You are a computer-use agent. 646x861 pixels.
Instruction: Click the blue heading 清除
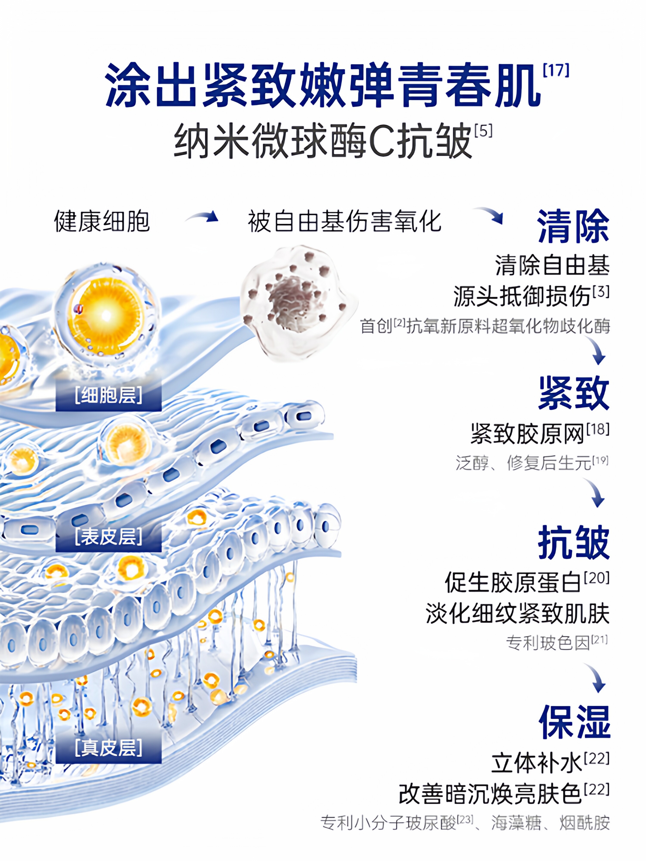573,226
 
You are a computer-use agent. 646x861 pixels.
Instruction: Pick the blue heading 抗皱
573,542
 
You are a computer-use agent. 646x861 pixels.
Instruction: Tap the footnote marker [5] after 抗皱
483,131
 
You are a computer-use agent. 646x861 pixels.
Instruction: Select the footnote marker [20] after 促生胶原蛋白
596,578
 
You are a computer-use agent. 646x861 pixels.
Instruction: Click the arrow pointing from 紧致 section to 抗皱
595,493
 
